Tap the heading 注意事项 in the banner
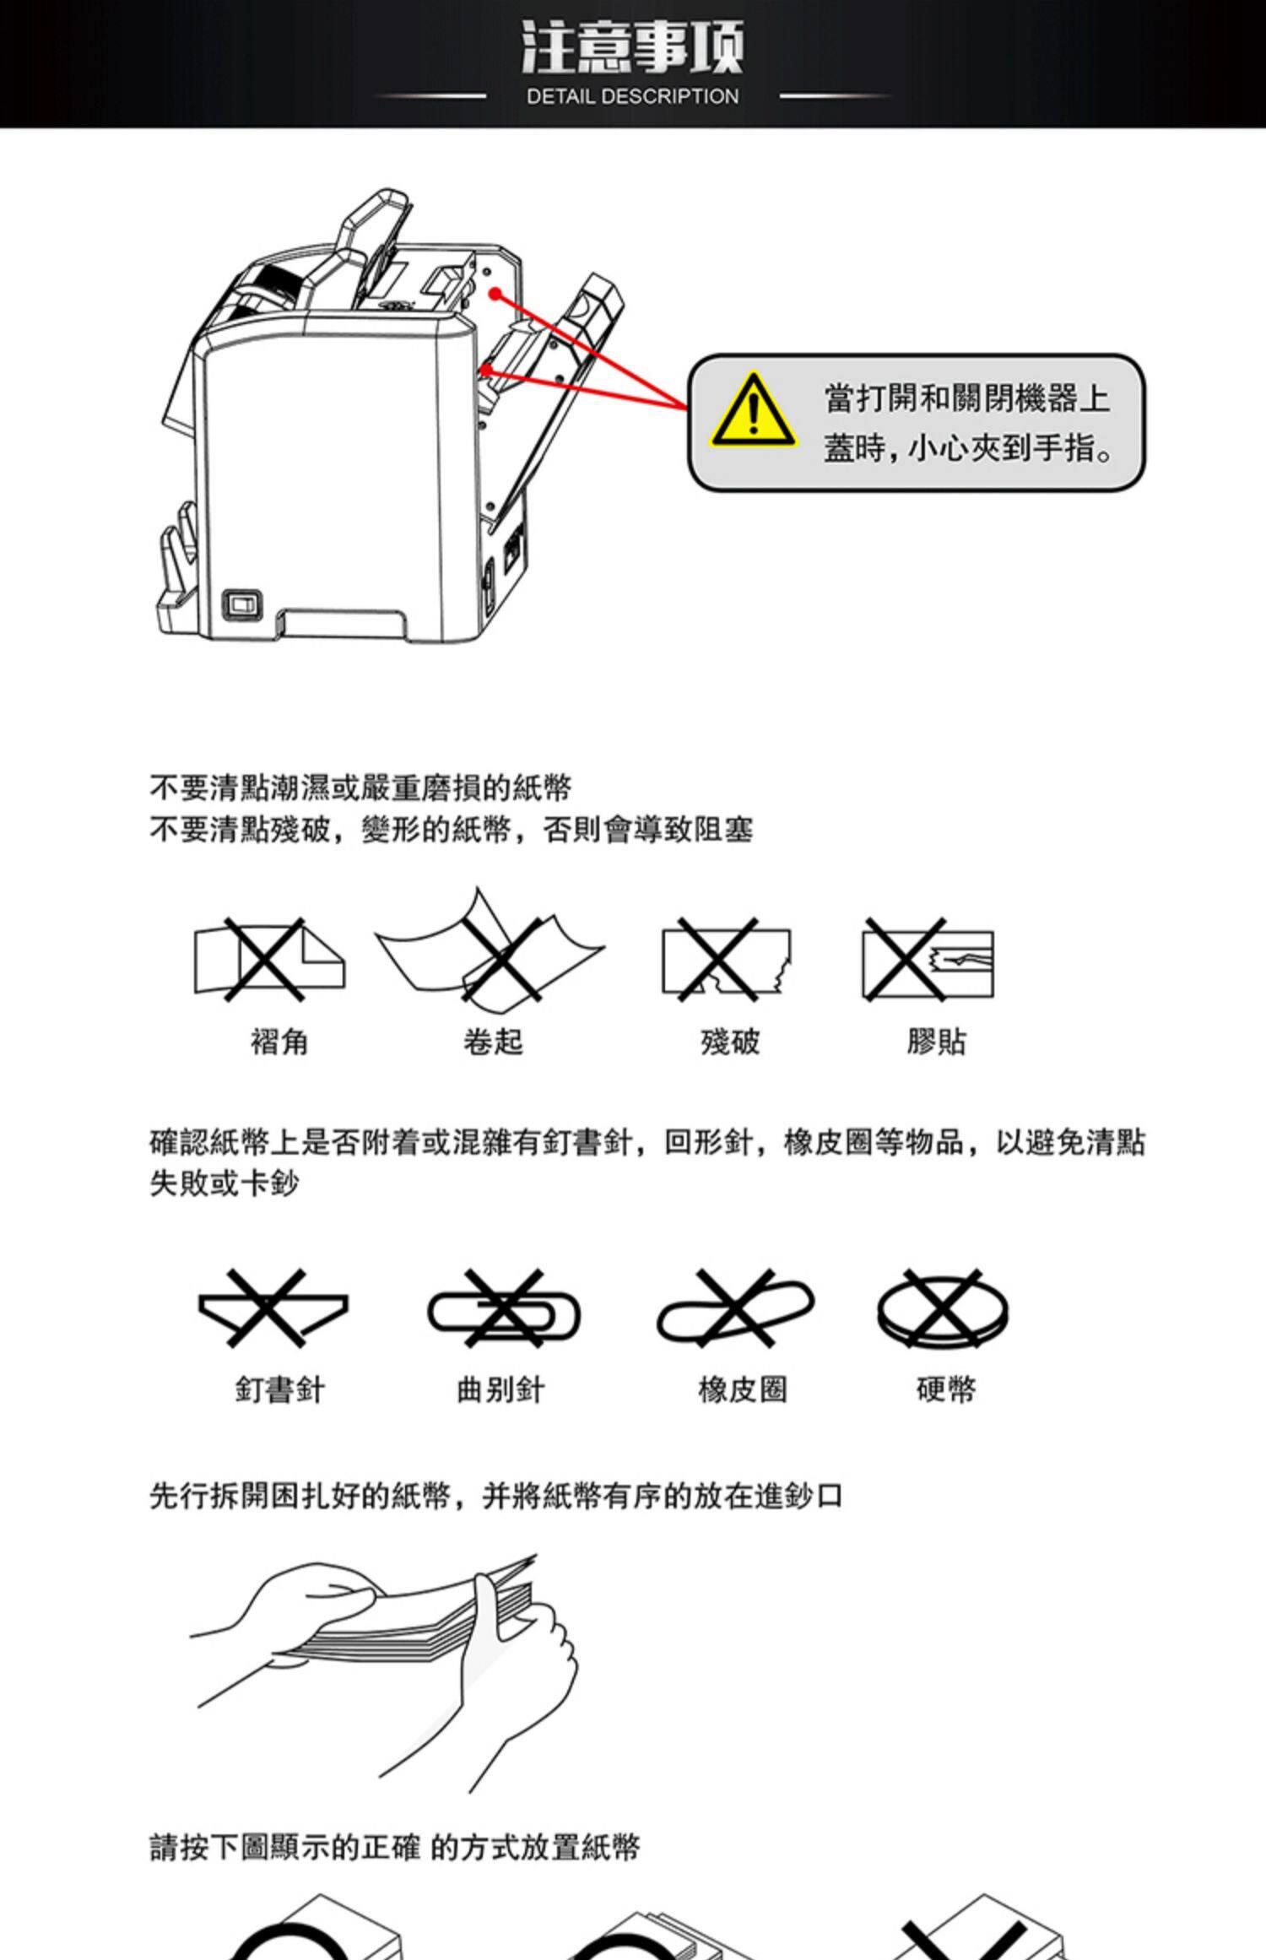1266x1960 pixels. tap(632, 48)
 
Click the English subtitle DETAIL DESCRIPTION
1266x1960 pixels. tap(632, 96)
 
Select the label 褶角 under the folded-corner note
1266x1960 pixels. tap(279, 1042)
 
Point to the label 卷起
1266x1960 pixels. tap(493, 1042)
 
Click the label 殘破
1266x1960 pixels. tap(730, 1042)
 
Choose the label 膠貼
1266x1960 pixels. tap(936, 1042)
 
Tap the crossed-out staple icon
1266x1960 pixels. tap(272, 1308)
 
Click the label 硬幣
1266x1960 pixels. tap(946, 1389)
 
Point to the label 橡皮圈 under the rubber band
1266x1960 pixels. tap(743, 1389)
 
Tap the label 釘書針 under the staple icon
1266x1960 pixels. tap(279, 1389)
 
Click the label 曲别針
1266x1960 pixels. tap(500, 1389)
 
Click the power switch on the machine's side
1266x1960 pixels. tap(242, 604)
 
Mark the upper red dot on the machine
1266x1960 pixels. tap(496, 294)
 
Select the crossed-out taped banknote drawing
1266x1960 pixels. tap(927, 961)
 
